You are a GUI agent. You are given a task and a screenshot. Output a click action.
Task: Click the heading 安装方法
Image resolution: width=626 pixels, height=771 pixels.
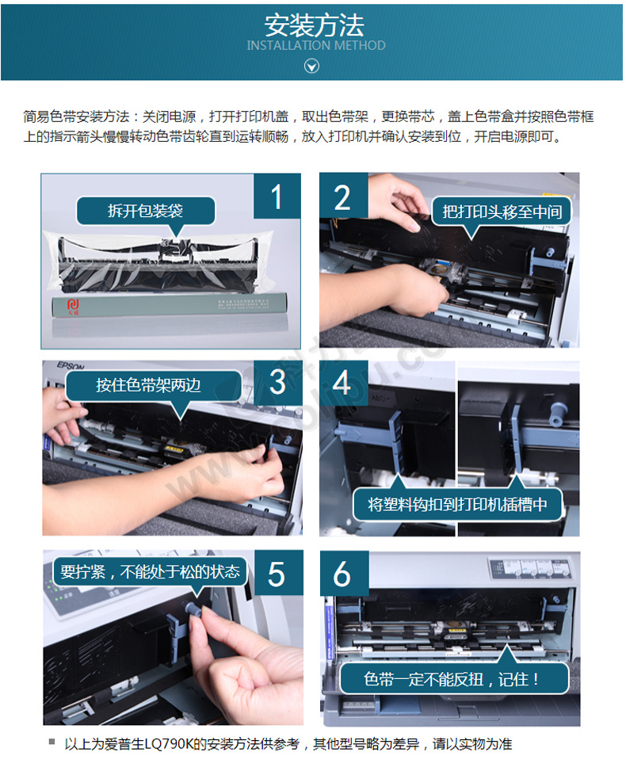point(314,25)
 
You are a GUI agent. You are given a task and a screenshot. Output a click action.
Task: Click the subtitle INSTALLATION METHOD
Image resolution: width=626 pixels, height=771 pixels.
point(315,46)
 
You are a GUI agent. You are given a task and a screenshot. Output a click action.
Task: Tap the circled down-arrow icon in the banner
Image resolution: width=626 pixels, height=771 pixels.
point(311,66)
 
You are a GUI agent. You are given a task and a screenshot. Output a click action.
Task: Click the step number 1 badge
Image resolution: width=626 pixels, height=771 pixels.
point(277,197)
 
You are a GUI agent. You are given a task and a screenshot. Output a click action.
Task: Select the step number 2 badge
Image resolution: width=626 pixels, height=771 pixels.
point(343,197)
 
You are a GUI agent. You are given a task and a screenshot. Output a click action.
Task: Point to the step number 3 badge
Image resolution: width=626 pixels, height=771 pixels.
point(278,383)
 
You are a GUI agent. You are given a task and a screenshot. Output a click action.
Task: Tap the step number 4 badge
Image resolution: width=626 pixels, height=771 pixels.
point(343,383)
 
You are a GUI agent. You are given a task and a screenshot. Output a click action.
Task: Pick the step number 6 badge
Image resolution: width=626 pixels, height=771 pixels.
point(343,574)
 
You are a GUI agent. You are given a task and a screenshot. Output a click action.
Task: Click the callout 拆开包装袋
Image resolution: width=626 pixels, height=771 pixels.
point(146,211)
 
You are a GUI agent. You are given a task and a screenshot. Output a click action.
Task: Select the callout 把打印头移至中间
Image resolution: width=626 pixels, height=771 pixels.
point(501,212)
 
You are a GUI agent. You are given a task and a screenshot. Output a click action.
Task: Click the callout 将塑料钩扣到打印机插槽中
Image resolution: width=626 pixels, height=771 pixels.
point(457,504)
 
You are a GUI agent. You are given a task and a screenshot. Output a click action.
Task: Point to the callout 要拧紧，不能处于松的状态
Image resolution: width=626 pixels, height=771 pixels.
point(150,571)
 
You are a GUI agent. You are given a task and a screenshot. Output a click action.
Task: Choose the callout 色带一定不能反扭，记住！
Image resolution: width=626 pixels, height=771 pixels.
point(453,679)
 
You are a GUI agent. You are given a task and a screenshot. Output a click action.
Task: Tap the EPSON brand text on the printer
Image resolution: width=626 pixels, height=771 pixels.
point(71,366)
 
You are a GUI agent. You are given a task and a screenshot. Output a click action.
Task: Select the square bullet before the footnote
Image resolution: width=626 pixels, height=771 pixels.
point(52,742)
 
